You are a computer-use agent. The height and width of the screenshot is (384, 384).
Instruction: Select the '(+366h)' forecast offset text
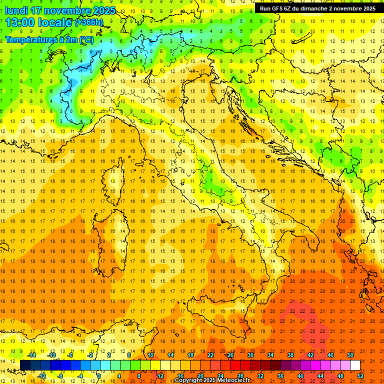coord(89,22)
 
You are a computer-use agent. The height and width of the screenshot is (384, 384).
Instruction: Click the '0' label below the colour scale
coord(99,376)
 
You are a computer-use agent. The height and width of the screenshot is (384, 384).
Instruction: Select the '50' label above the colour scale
coord(350,355)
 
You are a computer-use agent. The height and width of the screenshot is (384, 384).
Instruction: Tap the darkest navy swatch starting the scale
coord(25,365)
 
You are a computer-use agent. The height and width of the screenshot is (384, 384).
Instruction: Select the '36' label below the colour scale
coord(280,376)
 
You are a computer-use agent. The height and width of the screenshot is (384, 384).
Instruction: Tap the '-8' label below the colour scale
coord(60,376)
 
